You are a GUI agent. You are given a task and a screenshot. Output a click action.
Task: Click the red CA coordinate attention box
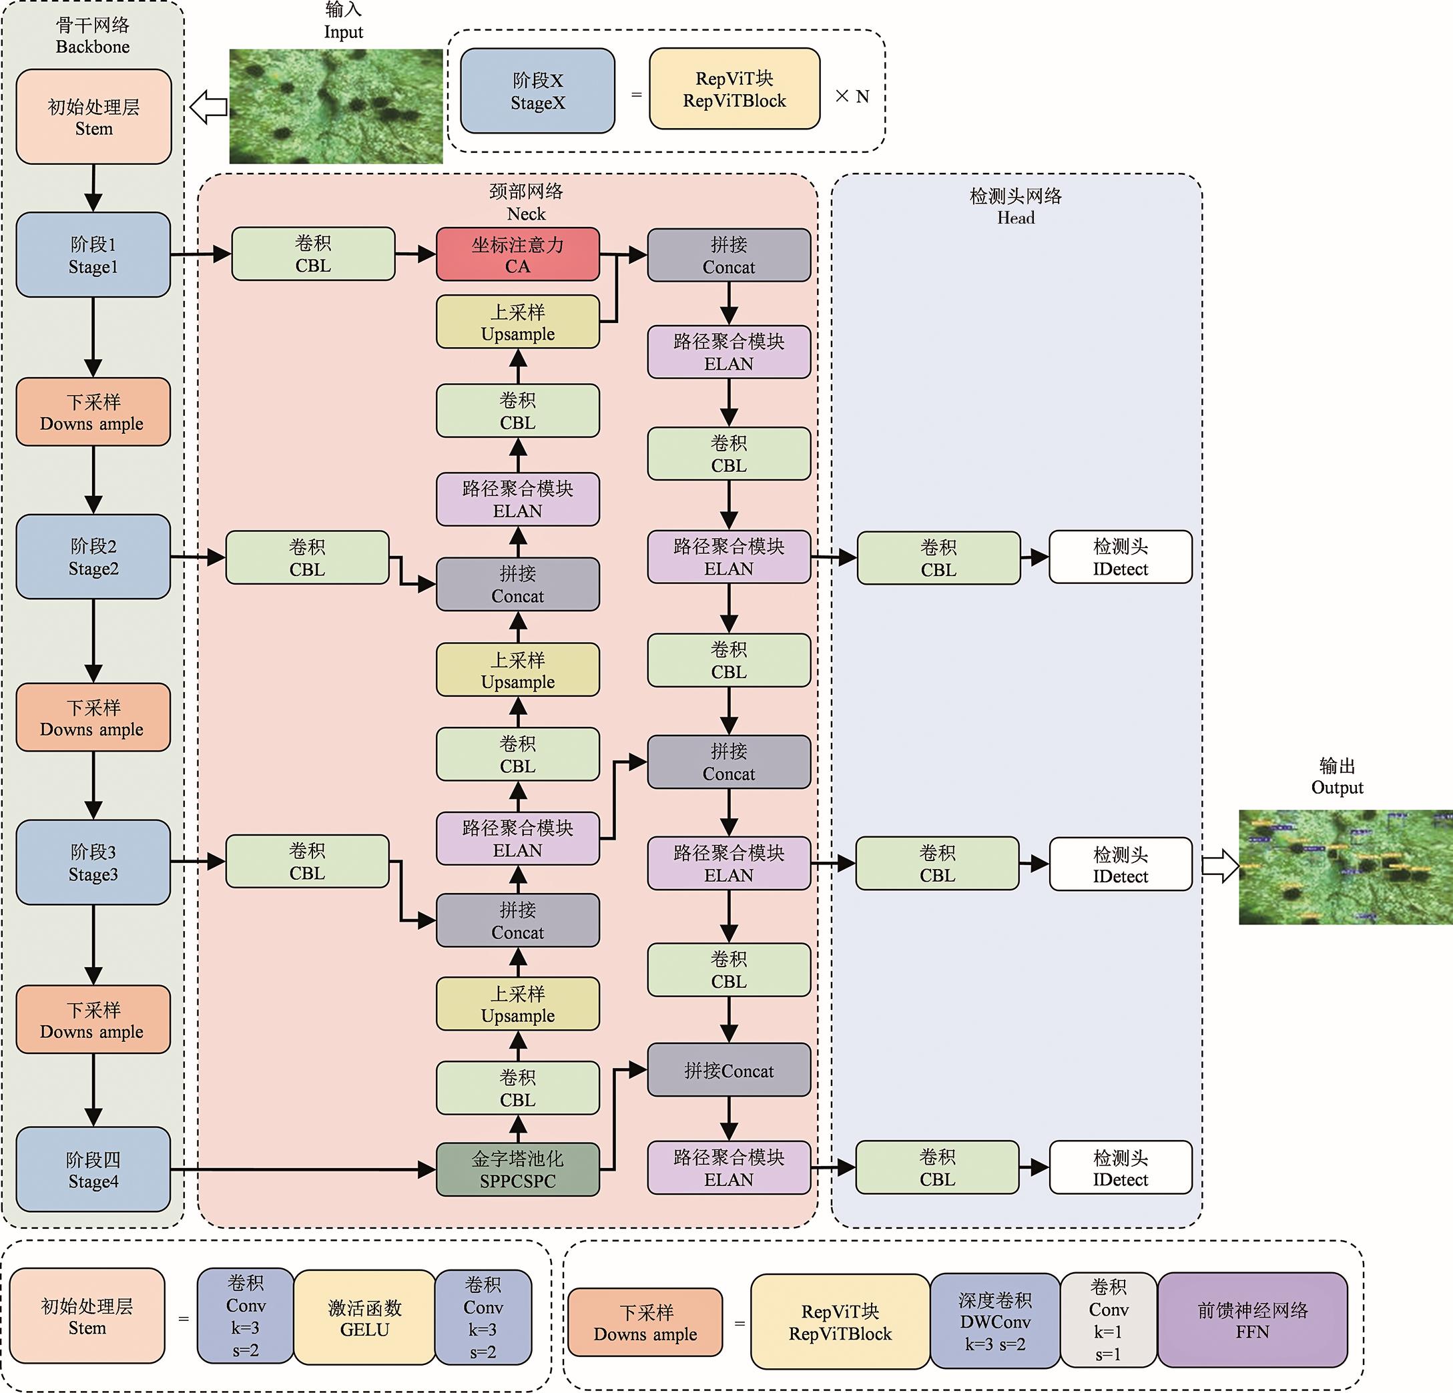[x=517, y=254]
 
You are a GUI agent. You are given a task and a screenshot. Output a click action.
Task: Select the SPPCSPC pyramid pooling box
[x=517, y=1169]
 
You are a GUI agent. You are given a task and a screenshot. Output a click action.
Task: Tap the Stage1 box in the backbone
[x=93, y=255]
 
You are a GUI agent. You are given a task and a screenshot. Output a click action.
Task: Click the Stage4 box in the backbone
[x=93, y=1169]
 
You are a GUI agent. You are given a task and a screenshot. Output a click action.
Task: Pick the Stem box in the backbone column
[x=93, y=117]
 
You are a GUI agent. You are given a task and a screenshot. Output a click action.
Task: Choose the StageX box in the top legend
[x=537, y=91]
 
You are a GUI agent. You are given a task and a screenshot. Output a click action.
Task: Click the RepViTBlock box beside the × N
[x=734, y=89]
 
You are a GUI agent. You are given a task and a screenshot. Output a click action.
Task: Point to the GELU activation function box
[x=364, y=1318]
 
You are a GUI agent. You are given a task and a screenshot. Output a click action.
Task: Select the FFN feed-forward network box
[x=1252, y=1320]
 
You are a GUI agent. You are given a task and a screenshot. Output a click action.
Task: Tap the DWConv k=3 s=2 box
[x=995, y=1320]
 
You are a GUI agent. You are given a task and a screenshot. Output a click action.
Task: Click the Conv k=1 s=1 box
[x=1109, y=1320]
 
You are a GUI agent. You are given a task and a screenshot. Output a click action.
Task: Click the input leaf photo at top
[x=336, y=106]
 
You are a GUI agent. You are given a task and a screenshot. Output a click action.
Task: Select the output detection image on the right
[x=1346, y=866]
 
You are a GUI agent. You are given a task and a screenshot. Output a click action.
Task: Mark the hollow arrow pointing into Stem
[x=208, y=107]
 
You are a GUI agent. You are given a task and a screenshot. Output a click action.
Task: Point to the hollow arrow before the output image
[x=1219, y=865]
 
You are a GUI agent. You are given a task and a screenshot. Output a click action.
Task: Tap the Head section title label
[x=1016, y=207]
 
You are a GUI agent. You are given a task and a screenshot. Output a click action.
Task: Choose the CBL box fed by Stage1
[x=313, y=254]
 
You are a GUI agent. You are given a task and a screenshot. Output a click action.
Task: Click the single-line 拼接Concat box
[x=729, y=1070]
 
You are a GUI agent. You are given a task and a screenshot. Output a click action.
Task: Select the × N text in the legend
[x=852, y=96]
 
